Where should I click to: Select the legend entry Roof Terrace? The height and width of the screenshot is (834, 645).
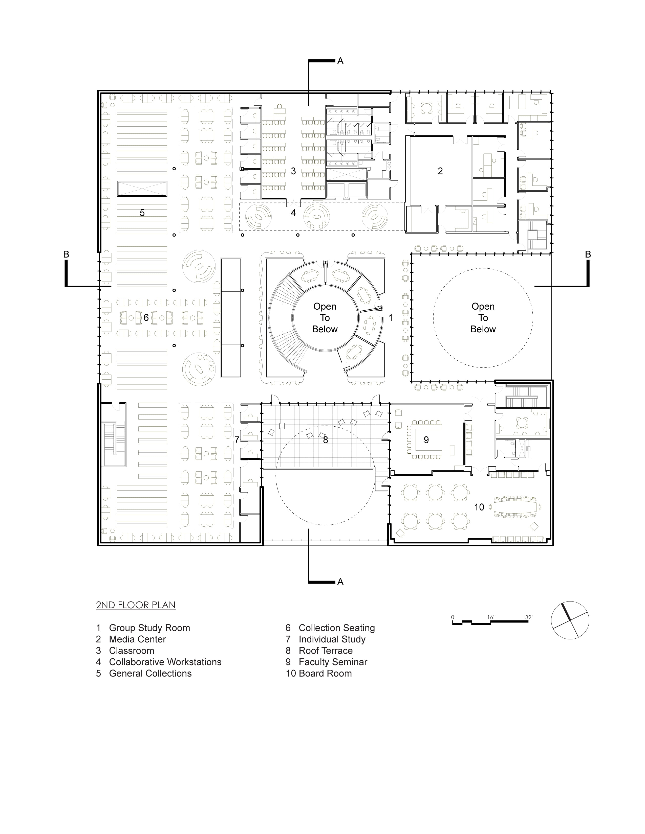pyautogui.click(x=325, y=651)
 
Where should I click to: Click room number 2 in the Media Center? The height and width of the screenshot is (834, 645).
pyautogui.click(x=440, y=171)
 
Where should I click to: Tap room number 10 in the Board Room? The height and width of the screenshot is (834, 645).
pyautogui.click(x=479, y=507)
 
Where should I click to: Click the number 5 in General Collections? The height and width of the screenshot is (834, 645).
pyautogui.click(x=142, y=213)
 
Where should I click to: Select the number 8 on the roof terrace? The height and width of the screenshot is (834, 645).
pyautogui.click(x=325, y=440)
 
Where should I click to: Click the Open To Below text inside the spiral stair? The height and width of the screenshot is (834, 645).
pyautogui.click(x=325, y=318)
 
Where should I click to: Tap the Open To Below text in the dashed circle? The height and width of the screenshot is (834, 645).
pyautogui.click(x=483, y=318)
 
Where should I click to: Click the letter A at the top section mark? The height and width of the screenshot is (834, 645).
pyautogui.click(x=340, y=61)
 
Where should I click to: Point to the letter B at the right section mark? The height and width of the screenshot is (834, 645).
pyautogui.click(x=588, y=254)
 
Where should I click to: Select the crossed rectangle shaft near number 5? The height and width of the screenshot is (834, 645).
pyautogui.click(x=142, y=189)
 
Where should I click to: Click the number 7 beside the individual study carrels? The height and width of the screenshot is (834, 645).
pyautogui.click(x=236, y=440)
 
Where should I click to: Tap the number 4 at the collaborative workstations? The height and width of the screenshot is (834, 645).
pyautogui.click(x=293, y=213)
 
